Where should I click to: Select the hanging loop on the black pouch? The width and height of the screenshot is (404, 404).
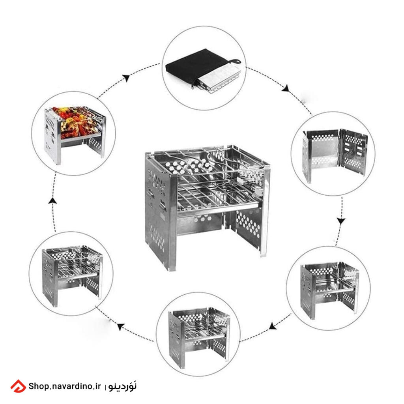[234, 62]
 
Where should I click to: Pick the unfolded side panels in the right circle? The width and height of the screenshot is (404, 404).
[335, 155]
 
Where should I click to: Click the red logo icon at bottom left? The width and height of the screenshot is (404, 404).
[18, 386]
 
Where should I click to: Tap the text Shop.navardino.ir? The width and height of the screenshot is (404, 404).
[64, 386]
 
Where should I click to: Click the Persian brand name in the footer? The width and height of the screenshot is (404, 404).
[122, 386]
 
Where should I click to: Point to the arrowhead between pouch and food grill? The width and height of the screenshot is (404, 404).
[126, 78]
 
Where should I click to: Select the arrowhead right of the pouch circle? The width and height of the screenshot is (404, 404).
[286, 88]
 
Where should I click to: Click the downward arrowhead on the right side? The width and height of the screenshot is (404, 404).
[341, 221]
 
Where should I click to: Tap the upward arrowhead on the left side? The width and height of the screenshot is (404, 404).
[52, 201]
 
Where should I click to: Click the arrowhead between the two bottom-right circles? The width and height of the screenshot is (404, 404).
[272, 326]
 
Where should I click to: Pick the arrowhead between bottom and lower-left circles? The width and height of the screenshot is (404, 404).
[121, 326]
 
